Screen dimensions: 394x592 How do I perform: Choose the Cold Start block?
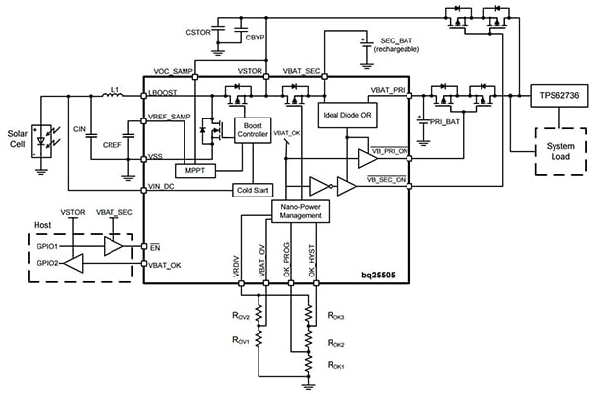[x=251, y=188]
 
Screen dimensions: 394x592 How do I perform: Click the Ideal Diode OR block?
[x=346, y=112]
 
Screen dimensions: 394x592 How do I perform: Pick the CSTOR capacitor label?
[x=199, y=31]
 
